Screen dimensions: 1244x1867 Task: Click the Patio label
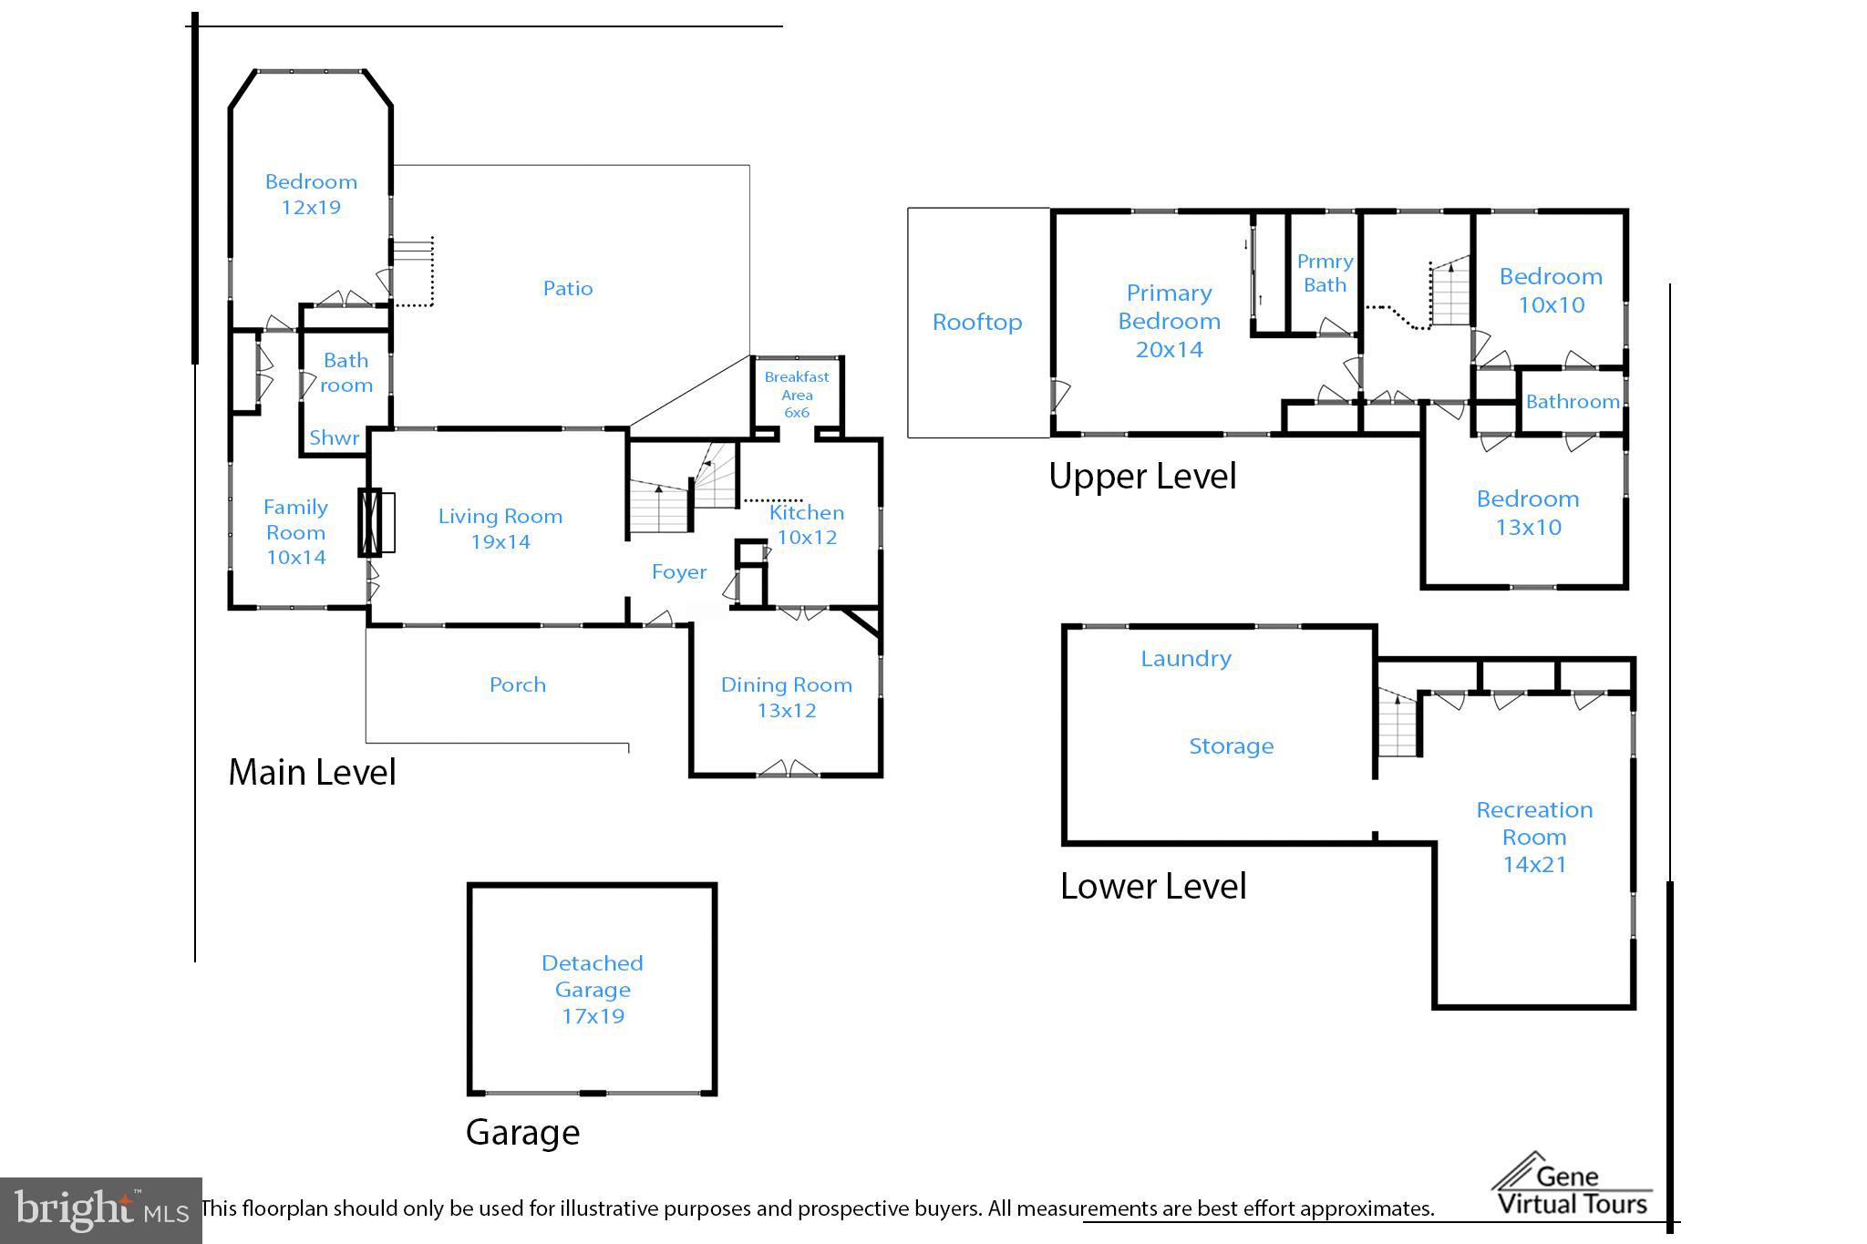point(568,289)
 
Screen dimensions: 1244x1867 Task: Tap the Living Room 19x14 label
point(500,529)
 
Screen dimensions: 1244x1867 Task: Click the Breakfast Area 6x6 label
point(797,395)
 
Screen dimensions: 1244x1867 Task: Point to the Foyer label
point(679,572)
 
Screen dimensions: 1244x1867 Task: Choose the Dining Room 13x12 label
point(787,697)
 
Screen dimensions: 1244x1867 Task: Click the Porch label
point(518,685)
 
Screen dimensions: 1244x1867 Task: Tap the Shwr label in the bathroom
point(334,438)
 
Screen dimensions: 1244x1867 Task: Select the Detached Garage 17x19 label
point(593,989)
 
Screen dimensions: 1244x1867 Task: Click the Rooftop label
point(977,323)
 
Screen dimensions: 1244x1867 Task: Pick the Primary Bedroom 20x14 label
point(1169,321)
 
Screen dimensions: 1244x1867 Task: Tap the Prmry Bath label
point(1325,273)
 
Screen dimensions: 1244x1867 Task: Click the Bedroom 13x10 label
point(1528,513)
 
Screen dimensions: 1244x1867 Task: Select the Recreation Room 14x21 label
point(1534,837)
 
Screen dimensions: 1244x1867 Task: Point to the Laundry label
point(1186,659)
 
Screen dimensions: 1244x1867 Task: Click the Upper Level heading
point(1142,477)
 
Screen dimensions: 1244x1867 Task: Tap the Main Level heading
point(312,773)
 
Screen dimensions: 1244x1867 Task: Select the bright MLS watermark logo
point(100,1210)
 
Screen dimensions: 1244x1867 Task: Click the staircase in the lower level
point(1398,725)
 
